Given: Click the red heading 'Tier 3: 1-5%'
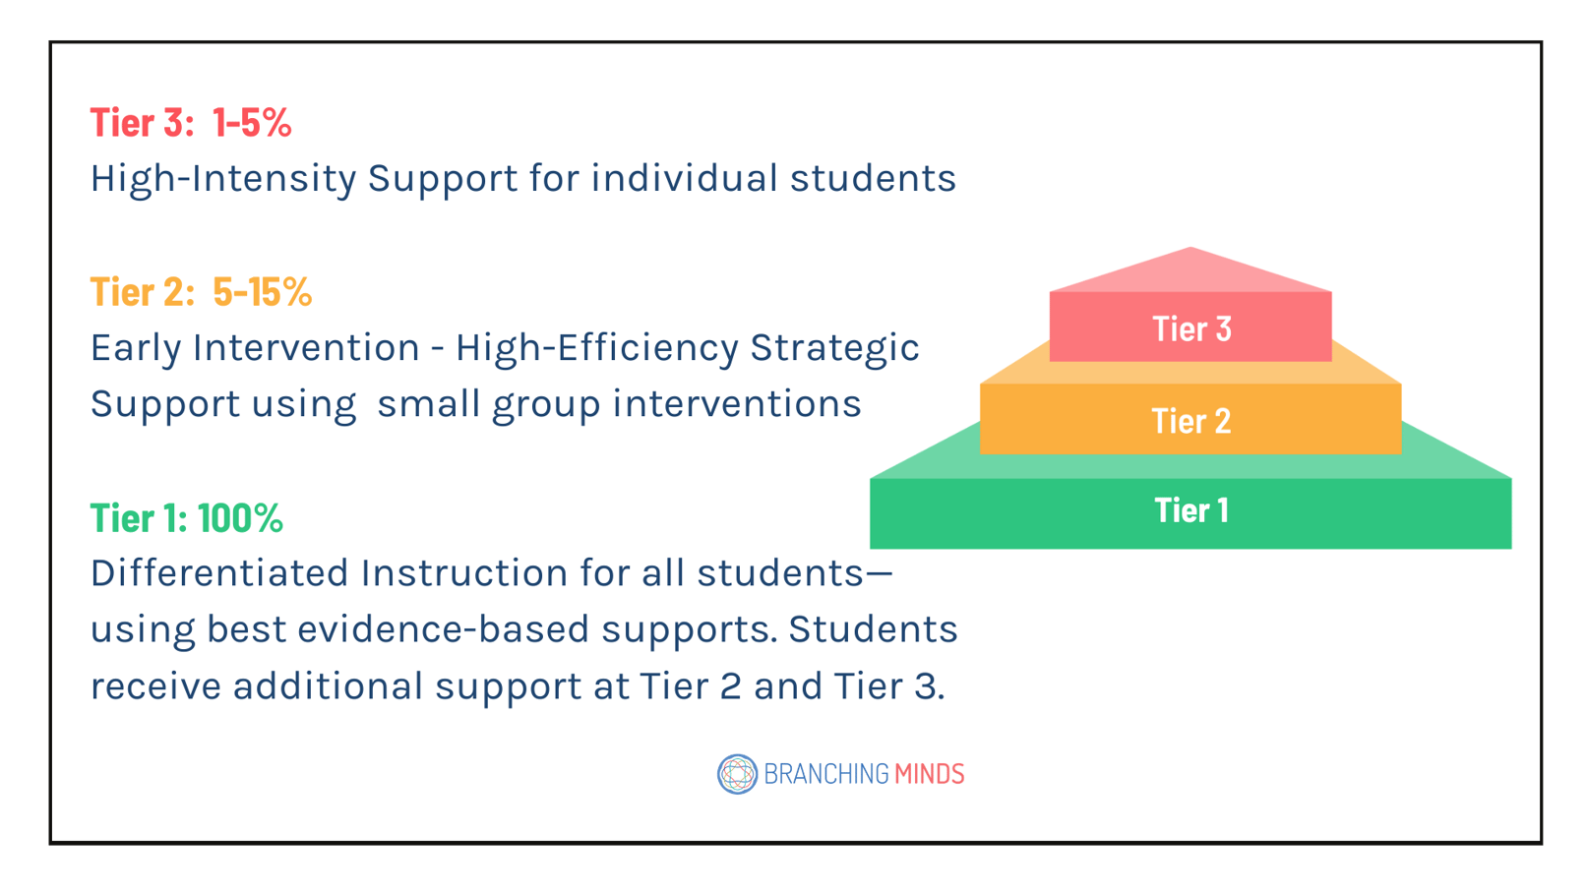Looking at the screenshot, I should [x=191, y=123].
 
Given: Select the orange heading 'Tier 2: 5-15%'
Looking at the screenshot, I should [x=201, y=292].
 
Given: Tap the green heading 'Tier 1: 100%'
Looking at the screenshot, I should [x=187, y=518].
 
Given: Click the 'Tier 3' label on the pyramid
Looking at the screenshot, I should [x=1191, y=328].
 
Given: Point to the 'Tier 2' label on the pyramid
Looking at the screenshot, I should [x=1190, y=421].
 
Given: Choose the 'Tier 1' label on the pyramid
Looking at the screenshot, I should [x=1190, y=510].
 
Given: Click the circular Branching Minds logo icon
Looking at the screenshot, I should [x=737, y=774].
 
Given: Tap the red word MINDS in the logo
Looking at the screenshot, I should [x=929, y=774].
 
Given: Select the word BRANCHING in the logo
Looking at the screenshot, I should [x=825, y=774].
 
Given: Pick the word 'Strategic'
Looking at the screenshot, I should [x=834, y=348].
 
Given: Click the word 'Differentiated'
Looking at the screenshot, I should [x=219, y=573].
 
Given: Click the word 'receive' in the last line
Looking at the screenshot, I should [x=155, y=686].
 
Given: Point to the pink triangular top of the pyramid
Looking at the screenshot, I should [x=1190, y=271].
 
